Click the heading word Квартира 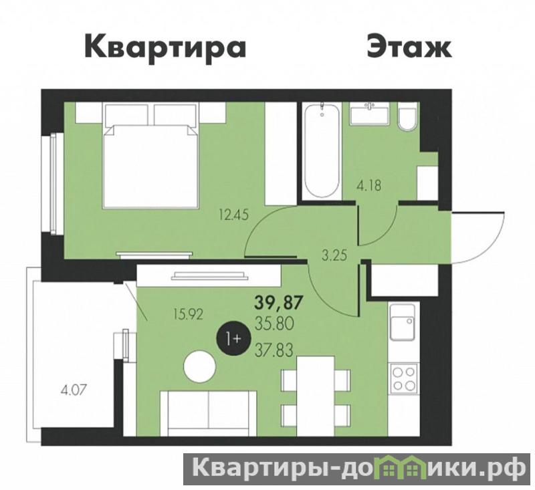[165, 48]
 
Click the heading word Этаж [409, 46]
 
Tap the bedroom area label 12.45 [233, 215]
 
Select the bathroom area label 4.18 [369, 187]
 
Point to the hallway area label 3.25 [335, 255]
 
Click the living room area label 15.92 [188, 314]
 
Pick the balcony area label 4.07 [74, 389]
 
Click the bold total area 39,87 [279, 303]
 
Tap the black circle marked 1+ [233, 339]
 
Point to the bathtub [322, 150]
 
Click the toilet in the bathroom [407, 120]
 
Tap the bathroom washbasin [369, 114]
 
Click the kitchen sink [403, 322]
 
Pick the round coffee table [199, 367]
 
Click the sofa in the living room [208, 413]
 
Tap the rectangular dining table [315, 396]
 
